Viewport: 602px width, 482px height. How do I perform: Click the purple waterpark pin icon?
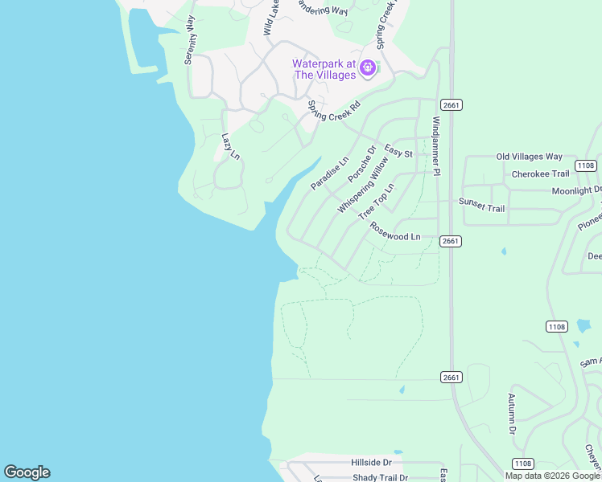pyautogui.click(x=368, y=67)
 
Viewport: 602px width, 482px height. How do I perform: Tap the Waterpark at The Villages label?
pyautogui.click(x=324, y=69)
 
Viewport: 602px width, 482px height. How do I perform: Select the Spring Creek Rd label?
pyautogui.click(x=334, y=111)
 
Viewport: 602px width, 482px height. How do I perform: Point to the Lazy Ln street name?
pyautogui.click(x=231, y=145)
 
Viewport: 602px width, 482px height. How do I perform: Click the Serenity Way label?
pyautogui.click(x=191, y=39)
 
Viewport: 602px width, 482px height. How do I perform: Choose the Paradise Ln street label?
pyautogui.click(x=330, y=173)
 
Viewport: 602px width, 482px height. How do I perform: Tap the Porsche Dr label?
pyautogui.click(x=362, y=163)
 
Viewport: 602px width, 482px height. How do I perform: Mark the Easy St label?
pyautogui.click(x=398, y=152)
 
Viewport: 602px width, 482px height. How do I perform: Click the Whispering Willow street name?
pyautogui.click(x=363, y=185)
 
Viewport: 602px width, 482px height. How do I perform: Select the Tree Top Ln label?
pyautogui.click(x=377, y=201)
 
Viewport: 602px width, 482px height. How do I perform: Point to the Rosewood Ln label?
pyautogui.click(x=395, y=231)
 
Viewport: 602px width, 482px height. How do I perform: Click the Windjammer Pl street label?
pyautogui.click(x=436, y=145)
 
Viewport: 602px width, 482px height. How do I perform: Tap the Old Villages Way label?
pyautogui.click(x=530, y=157)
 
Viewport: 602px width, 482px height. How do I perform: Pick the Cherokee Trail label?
pyautogui.click(x=540, y=174)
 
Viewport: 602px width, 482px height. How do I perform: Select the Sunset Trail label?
pyautogui.click(x=481, y=206)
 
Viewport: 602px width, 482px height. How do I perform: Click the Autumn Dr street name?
pyautogui.click(x=511, y=414)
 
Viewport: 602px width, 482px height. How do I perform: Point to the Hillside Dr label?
pyautogui.click(x=371, y=463)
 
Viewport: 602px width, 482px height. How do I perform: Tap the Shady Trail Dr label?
pyautogui.click(x=381, y=477)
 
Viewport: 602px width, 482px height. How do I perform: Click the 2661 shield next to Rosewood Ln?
pyautogui.click(x=451, y=241)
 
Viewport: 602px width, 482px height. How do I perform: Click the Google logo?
pyautogui.click(x=27, y=472)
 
